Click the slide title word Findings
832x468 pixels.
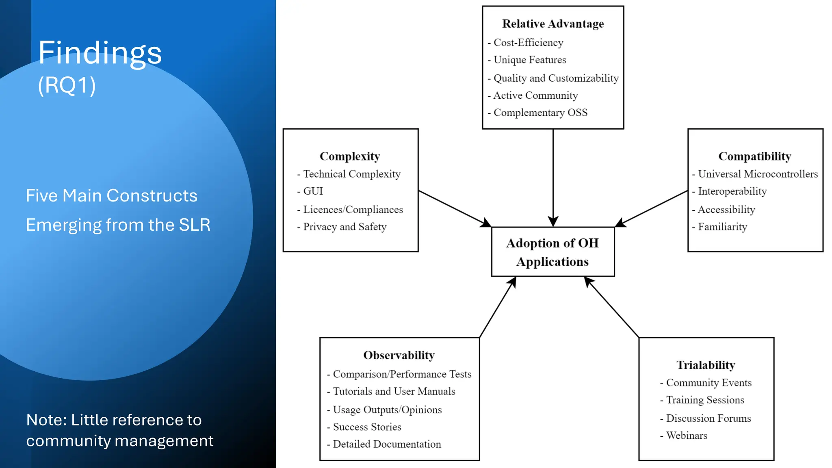[100, 53]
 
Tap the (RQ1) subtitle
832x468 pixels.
[67, 85]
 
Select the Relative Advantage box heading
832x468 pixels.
[553, 24]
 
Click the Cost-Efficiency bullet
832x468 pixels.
[528, 43]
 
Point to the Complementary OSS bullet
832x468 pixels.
[540, 113]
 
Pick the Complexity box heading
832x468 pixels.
[350, 156]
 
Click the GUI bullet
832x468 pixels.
[313, 191]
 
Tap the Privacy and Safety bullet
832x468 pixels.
[344, 227]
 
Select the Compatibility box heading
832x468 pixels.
[755, 156]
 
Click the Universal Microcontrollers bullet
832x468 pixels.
[758, 174]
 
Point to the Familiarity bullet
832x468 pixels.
[722, 227]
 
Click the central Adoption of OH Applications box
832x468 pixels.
[552, 252]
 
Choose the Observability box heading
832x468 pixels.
[399, 355]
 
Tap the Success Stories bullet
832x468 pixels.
[367, 427]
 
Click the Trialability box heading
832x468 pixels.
[706, 365]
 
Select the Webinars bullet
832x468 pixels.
[687, 435]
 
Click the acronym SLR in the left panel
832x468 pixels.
[195, 225]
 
